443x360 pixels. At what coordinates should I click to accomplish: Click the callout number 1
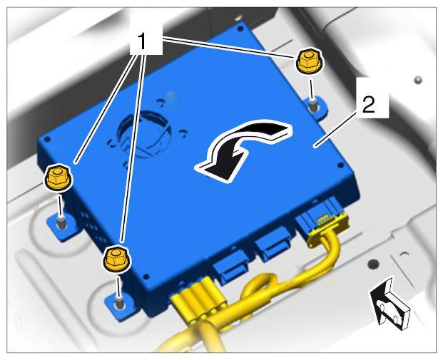[142, 41]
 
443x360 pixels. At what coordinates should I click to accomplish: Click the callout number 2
[369, 105]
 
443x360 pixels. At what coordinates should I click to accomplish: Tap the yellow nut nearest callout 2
[309, 61]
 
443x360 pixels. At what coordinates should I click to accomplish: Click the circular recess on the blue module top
[145, 132]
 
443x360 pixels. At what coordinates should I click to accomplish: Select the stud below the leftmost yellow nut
[61, 222]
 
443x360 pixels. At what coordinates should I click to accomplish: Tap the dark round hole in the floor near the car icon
[374, 264]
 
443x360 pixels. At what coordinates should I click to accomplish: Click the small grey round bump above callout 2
[418, 80]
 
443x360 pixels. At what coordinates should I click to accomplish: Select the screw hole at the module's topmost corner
[240, 29]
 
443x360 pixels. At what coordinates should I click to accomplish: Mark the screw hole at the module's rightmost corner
[341, 165]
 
